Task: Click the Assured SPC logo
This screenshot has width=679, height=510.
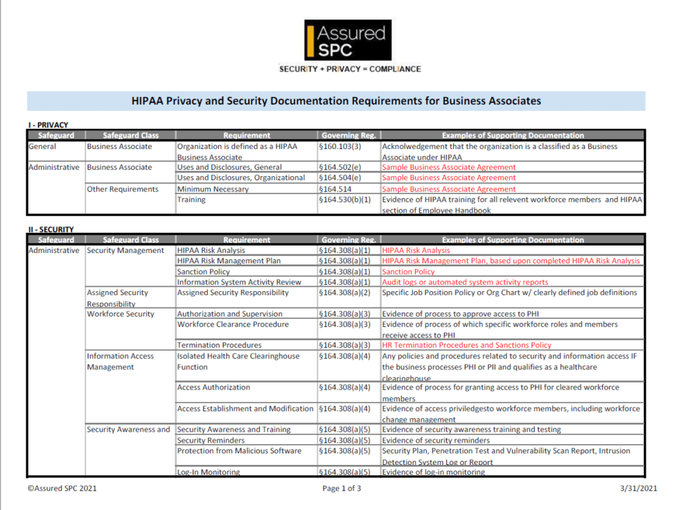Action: (x=348, y=40)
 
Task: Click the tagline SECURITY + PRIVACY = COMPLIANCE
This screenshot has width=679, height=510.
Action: (x=350, y=69)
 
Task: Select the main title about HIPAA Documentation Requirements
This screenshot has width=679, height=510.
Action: (x=336, y=101)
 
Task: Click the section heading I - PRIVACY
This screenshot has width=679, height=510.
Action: (x=48, y=125)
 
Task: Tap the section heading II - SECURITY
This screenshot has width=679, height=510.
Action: (x=51, y=229)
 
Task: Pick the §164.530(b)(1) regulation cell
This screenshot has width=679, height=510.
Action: (x=345, y=200)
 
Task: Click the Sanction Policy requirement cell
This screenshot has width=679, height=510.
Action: (x=204, y=272)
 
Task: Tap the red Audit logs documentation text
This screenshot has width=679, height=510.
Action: (x=465, y=283)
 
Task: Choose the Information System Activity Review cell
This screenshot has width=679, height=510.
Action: (x=239, y=283)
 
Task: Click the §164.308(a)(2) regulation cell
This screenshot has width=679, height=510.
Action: (x=345, y=293)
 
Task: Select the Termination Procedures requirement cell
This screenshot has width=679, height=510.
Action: (x=219, y=345)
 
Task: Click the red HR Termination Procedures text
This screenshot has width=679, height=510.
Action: (x=466, y=345)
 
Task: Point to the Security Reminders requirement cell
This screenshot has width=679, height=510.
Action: (x=211, y=441)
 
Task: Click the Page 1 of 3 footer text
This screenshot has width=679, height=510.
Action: (x=342, y=489)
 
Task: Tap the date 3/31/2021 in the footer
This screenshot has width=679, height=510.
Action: (x=637, y=489)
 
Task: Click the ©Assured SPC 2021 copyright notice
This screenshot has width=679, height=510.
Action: (x=62, y=489)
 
